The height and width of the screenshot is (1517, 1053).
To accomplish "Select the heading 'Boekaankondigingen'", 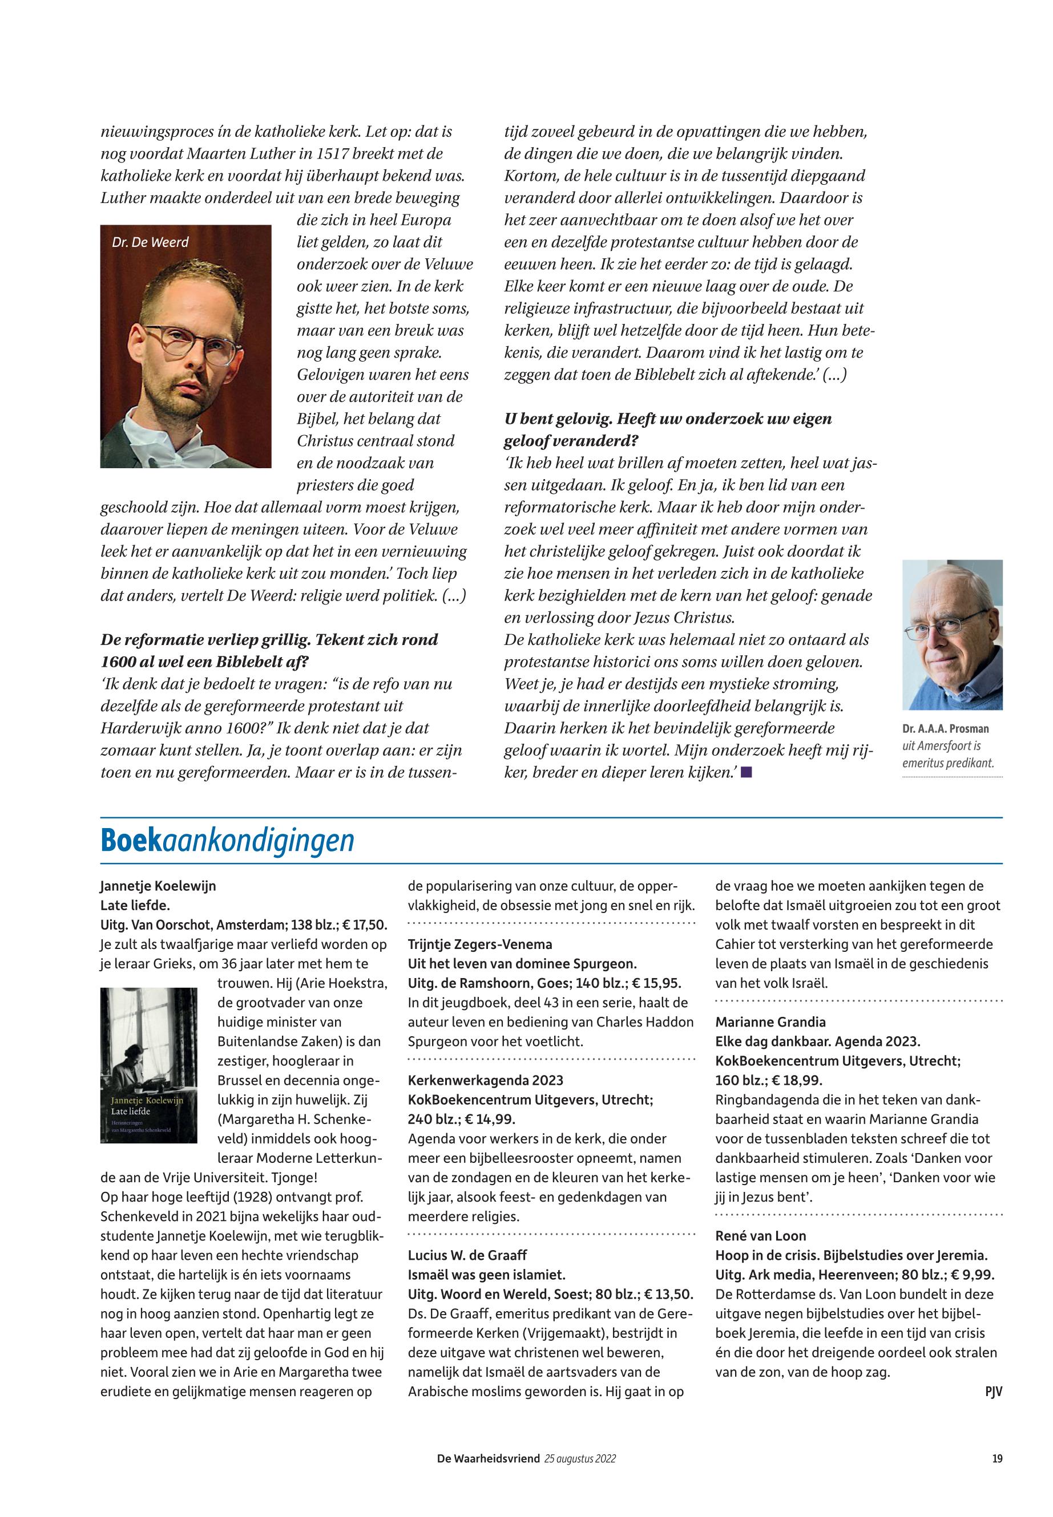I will point(227,841).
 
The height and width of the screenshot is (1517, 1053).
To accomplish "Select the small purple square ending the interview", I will point(746,772).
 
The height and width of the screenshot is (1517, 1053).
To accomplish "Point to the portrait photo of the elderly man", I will point(952,635).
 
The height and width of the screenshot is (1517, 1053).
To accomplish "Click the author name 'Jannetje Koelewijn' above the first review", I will point(158,886).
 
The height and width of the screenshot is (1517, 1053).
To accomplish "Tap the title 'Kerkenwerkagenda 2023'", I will point(486,1081).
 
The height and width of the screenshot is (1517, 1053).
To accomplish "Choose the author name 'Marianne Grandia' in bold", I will point(770,1023).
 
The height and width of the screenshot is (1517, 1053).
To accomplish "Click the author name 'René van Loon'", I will point(761,1236).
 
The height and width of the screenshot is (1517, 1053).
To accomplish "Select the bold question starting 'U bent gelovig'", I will point(668,419).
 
